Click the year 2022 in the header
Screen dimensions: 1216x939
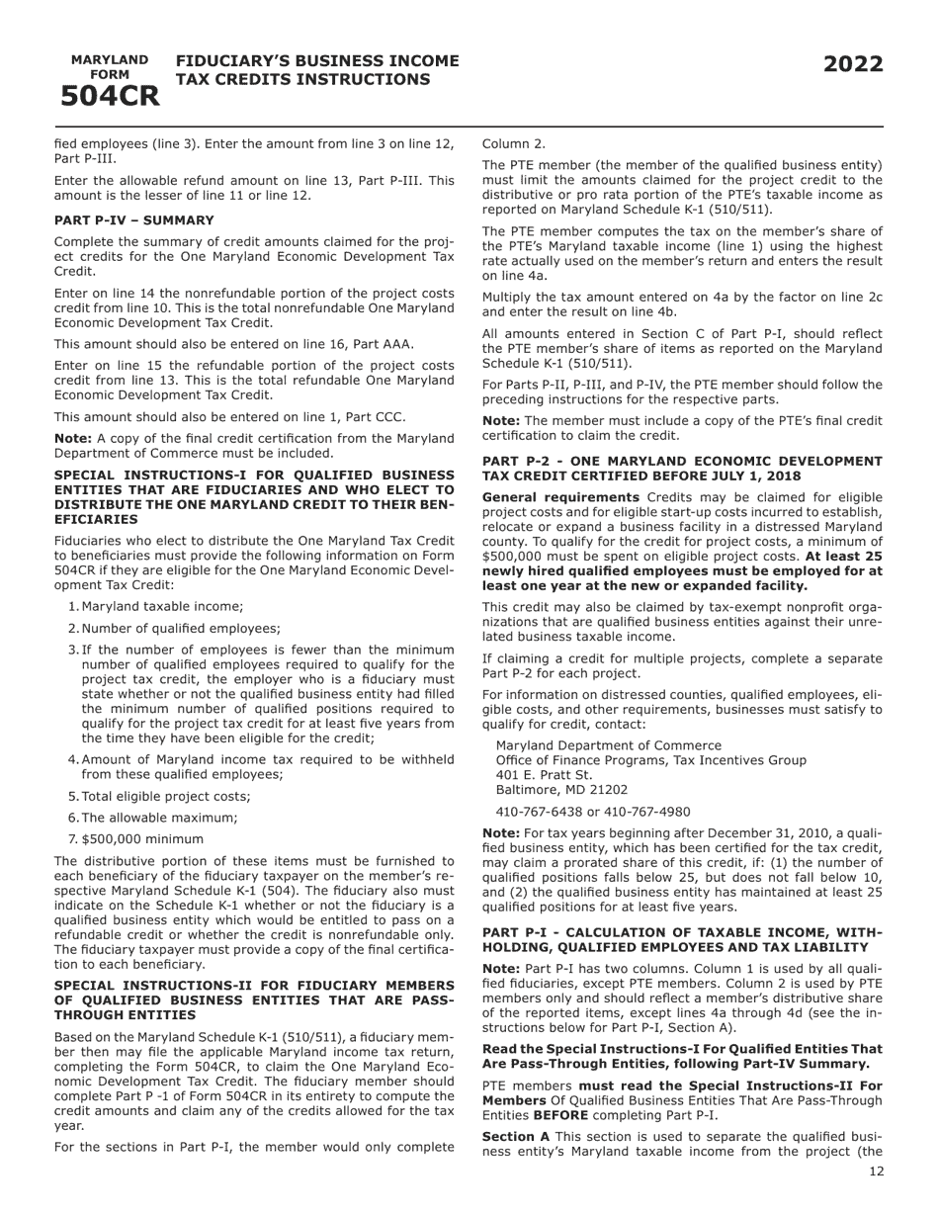coord(853,65)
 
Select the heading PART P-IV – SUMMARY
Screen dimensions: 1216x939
coord(133,220)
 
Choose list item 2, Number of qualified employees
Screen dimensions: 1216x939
coord(180,629)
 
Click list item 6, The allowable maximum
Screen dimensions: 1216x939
coord(159,818)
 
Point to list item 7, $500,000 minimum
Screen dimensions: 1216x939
coord(142,839)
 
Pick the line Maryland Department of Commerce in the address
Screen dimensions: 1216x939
coord(608,745)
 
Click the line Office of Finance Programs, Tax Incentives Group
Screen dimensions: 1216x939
coord(650,760)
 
